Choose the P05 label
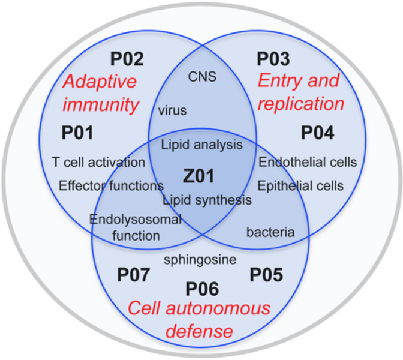coord(266,276)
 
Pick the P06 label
coord(201,289)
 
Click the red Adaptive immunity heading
coord(100,92)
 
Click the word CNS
coord(201,77)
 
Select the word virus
coord(173,110)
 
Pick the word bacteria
coord(271,232)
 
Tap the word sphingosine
coord(200,260)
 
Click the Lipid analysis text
coord(203,145)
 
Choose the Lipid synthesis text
coord(207,200)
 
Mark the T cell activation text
coord(99,163)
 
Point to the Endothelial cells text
coord(308,162)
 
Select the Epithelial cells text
coord(301,185)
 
